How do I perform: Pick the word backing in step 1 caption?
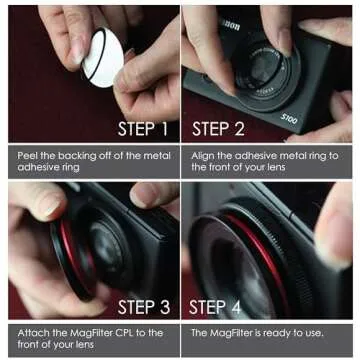point(75,154)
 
